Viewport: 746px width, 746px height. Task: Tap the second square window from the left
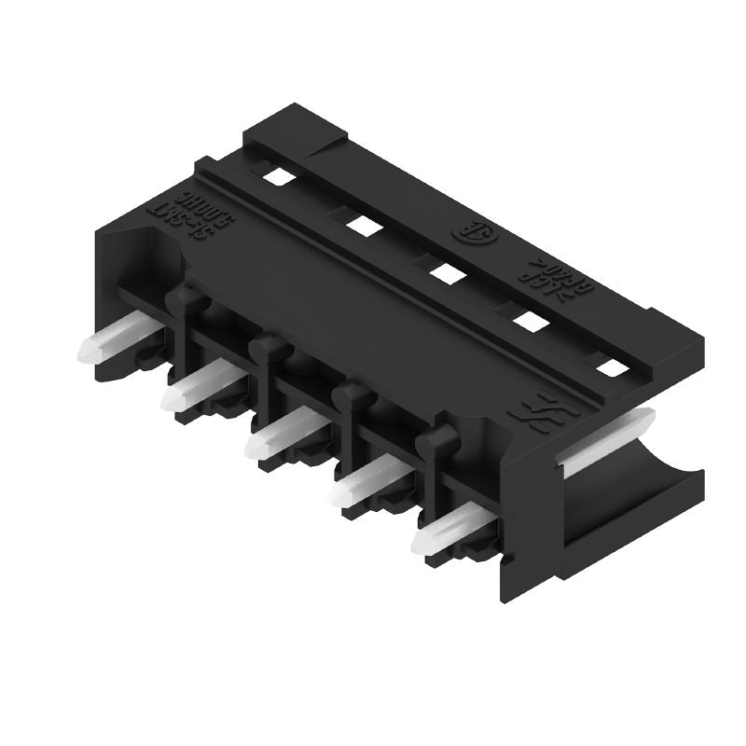(359, 223)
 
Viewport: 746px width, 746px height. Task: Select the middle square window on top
(445, 271)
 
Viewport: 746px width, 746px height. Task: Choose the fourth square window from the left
(530, 321)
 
